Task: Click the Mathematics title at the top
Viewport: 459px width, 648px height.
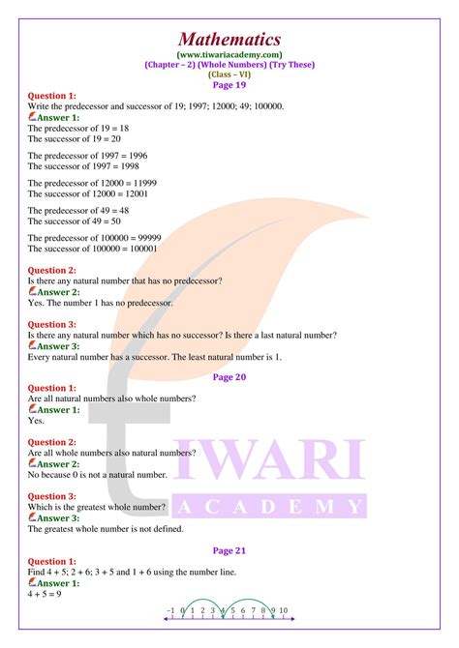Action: (x=229, y=40)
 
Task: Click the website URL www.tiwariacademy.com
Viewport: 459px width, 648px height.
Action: (x=229, y=55)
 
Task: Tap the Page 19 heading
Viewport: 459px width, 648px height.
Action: (x=229, y=84)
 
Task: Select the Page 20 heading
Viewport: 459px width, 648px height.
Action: (x=229, y=377)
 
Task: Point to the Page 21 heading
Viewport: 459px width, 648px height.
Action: (x=229, y=550)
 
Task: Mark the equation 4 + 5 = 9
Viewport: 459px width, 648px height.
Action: (x=46, y=595)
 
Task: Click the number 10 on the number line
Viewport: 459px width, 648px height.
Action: (x=283, y=610)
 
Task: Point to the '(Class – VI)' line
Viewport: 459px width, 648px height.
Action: (x=229, y=74)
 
